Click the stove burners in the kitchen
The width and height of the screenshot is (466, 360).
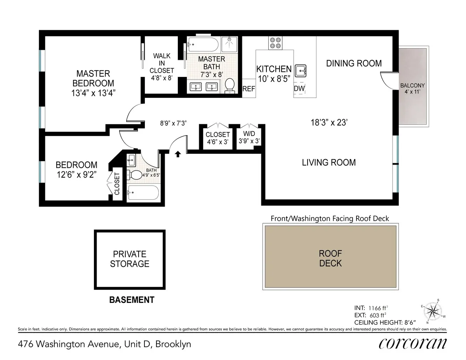(x=276, y=43)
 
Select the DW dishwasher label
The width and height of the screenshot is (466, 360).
(x=299, y=89)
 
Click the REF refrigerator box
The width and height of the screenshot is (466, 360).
(x=249, y=89)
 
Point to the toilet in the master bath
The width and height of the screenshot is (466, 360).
(x=230, y=85)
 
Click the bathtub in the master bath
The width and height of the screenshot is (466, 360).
(x=203, y=45)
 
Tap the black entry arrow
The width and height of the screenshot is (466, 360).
(x=178, y=154)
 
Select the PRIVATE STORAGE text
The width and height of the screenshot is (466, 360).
(x=129, y=259)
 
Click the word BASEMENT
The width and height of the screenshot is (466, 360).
(x=132, y=300)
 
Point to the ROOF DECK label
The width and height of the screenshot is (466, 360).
(x=330, y=258)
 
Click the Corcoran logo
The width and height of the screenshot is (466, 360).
(x=412, y=343)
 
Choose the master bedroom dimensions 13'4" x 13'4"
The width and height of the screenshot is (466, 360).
(x=93, y=93)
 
